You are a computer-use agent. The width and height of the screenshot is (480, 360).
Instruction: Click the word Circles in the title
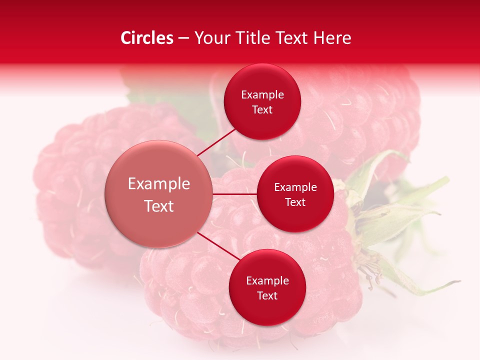pos(147,38)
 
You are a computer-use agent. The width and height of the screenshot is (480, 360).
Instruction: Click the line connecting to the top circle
pos(217,142)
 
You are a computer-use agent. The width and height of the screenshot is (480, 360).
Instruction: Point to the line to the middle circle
pos(234,193)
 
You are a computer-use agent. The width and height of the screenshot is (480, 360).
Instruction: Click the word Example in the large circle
pos(158,184)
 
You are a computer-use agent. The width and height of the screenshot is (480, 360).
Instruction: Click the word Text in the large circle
pos(158,206)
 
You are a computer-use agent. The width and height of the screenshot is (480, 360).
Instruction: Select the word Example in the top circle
pos(262,95)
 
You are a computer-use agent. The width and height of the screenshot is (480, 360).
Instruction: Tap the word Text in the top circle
pos(262,110)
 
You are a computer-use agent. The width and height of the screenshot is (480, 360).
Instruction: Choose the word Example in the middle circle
pos(295,187)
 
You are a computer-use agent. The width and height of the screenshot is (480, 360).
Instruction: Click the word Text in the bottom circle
pos(267,296)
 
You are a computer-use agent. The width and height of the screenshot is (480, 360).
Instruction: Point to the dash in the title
pos(183,38)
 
